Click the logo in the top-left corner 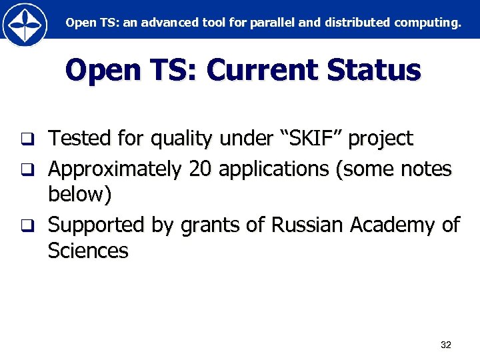tap(25, 25)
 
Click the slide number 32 tap(446, 345)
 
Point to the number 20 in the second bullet tap(200, 169)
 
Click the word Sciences tap(88, 251)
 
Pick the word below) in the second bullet tap(80, 195)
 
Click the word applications tap(273, 169)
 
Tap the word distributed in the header tap(357, 23)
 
